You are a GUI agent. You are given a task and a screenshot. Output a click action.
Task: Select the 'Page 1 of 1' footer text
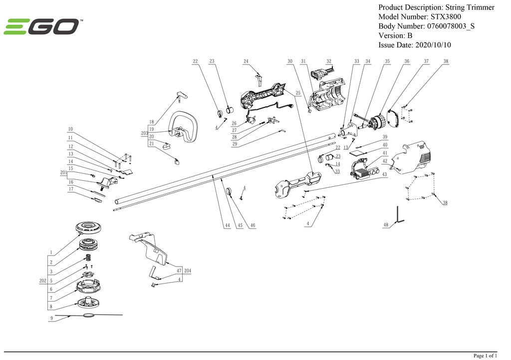coord(485,356)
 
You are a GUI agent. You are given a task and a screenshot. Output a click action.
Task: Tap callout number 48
coord(386,226)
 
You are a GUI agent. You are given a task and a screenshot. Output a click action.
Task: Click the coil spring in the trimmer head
coord(87,258)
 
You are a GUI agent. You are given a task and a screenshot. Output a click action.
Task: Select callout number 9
coord(51,318)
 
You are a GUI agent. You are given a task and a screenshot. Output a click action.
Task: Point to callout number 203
coord(144,133)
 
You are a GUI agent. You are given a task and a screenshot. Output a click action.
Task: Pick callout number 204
coord(188,270)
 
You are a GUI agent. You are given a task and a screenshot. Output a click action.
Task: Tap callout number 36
coord(407,61)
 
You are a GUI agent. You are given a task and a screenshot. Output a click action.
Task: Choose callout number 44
coord(227,226)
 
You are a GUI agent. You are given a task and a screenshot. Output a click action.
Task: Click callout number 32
coord(329,61)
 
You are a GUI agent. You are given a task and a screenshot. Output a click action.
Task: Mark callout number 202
coord(43,281)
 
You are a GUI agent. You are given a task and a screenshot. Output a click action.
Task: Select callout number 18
coord(151,122)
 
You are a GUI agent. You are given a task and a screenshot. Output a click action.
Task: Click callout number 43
coord(385,174)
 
